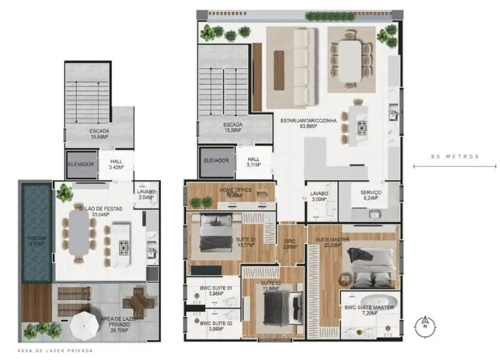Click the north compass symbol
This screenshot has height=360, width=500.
pyautogui.click(x=425, y=323)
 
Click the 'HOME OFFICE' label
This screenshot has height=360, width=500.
pyautogui.click(x=236, y=192)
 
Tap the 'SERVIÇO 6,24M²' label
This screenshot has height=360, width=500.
pyautogui.click(x=366, y=195)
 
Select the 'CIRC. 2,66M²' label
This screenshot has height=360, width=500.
pyautogui.click(x=290, y=244)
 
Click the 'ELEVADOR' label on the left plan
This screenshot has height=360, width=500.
pyautogui.click(x=81, y=164)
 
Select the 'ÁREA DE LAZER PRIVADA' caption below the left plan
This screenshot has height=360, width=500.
pyautogui.click(x=55, y=351)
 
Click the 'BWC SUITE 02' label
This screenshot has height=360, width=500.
pyautogui.click(x=212, y=326)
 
